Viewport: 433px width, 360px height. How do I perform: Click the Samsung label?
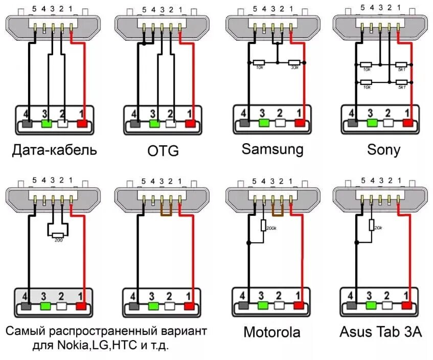pos(272,149)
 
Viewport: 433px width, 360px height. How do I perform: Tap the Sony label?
pos(383,150)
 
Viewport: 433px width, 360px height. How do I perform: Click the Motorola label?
pos(271,332)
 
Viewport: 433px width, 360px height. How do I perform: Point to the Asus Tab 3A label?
pos(381,332)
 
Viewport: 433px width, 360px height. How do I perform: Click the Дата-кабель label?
pos(55,150)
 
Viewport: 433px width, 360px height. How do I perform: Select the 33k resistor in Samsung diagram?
pos(294,62)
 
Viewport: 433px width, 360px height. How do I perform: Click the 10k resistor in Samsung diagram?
pos(259,62)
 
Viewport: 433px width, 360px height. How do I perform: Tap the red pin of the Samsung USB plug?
pos(300,123)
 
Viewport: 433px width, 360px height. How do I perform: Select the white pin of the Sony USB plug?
pos(388,123)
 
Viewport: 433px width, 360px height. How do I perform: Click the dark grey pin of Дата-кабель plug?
pos(28,123)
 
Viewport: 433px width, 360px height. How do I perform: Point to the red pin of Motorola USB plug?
pos(299,306)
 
